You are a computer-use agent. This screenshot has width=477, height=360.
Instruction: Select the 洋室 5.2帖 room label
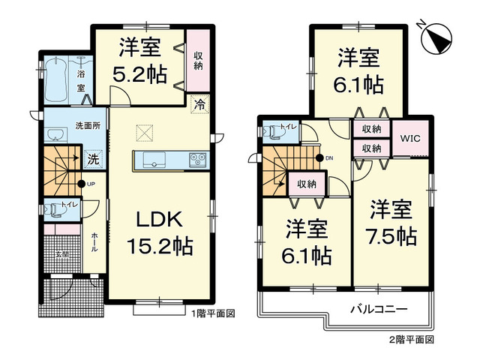click(139, 62)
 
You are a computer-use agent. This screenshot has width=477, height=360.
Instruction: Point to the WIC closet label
click(409, 139)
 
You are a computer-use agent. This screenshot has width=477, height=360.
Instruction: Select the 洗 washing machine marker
click(91, 159)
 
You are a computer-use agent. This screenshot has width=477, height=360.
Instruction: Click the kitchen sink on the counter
click(153, 159)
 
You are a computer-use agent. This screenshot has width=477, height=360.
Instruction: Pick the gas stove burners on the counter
click(198, 159)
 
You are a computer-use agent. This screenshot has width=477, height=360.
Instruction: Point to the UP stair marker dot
click(80, 184)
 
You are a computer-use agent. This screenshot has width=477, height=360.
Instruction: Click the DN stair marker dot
click(319, 158)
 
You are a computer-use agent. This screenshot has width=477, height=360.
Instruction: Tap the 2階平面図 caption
click(412, 339)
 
